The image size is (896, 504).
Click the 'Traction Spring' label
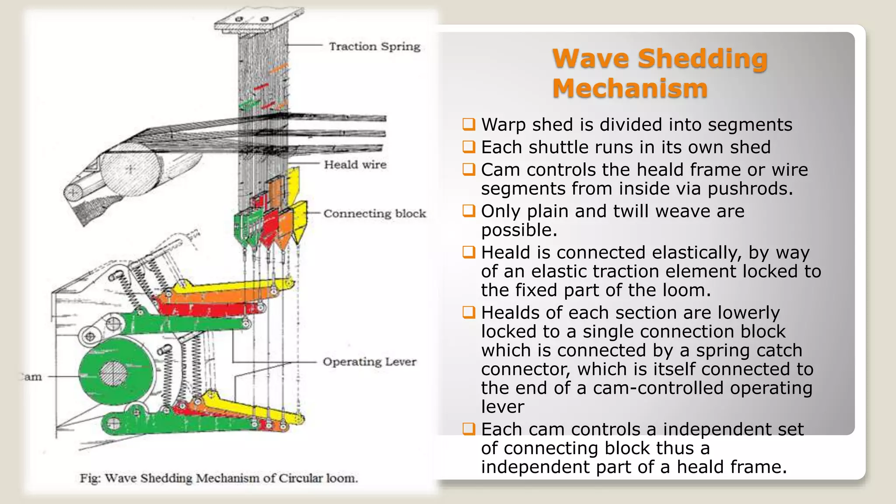click(x=374, y=46)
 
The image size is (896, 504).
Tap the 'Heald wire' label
click(x=355, y=164)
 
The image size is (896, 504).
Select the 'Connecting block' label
click(x=374, y=213)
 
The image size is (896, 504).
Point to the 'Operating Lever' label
click(x=369, y=362)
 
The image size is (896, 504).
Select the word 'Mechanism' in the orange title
click(x=630, y=88)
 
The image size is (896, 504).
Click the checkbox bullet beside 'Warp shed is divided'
click(x=469, y=124)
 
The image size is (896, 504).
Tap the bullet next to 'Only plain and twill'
click(x=469, y=211)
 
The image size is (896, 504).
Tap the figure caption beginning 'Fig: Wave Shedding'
click(x=219, y=478)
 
